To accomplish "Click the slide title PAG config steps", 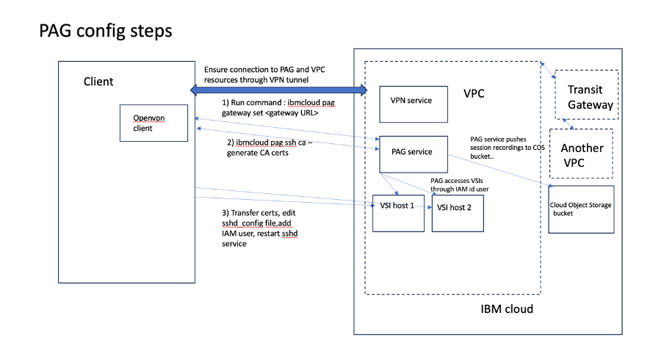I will click(105, 31).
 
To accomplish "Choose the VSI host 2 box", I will click(458, 209).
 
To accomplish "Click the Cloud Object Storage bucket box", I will click(580, 209).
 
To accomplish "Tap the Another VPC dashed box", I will click(582, 155).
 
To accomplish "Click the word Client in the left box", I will click(98, 81).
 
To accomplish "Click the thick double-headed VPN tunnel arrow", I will click(279, 90).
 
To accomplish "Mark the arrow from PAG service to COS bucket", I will click(499, 172).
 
